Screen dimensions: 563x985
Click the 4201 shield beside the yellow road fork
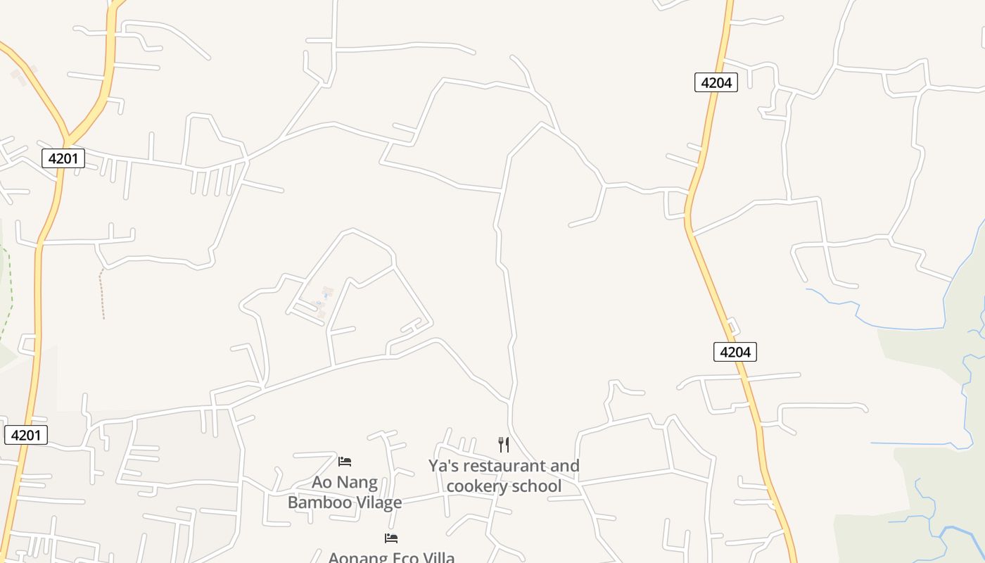point(63,158)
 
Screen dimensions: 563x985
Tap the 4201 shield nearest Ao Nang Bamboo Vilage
point(26,435)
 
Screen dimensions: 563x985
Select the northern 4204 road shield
point(716,82)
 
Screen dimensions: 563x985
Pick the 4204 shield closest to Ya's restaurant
point(735,351)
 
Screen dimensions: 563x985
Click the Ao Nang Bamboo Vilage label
point(345,492)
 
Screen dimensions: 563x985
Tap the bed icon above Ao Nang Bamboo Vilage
point(345,462)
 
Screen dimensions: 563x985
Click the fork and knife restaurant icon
point(504,445)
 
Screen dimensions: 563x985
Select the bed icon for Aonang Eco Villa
point(391,538)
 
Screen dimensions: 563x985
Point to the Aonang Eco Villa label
point(391,557)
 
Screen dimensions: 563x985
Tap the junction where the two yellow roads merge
point(67,139)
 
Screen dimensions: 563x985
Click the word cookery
point(476,486)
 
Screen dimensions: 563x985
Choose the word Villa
point(436,557)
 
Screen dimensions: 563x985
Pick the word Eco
point(399,557)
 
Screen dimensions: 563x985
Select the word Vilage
point(376,502)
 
